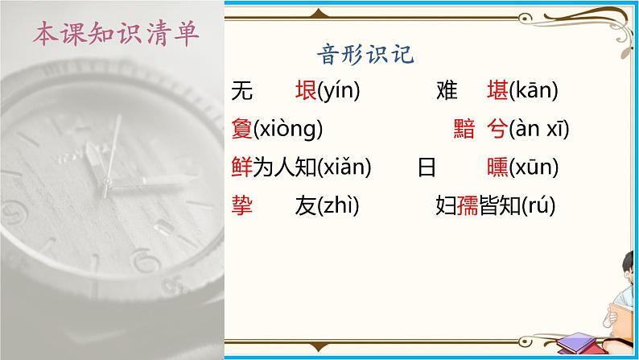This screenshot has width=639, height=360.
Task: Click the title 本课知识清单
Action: coord(117,35)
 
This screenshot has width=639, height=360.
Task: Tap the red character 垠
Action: coord(306,92)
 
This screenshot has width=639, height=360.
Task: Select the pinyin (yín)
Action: coord(339,92)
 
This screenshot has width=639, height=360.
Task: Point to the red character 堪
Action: coord(497,92)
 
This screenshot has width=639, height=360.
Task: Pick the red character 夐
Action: coord(241,130)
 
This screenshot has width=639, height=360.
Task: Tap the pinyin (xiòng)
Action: coord(287,130)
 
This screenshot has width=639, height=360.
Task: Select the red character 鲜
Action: coord(241,168)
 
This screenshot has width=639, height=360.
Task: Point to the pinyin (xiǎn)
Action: coord(344,168)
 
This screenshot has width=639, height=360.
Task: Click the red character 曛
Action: coord(497,168)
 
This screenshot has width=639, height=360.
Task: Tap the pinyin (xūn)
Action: coord(534,168)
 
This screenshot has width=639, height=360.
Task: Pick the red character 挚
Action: coord(241,207)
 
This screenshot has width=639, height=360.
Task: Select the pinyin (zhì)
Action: coord(338,207)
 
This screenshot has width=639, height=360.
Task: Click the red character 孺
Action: coord(468,207)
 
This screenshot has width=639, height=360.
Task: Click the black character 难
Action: coord(447,92)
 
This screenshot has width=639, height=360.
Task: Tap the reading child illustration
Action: coord(625,306)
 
